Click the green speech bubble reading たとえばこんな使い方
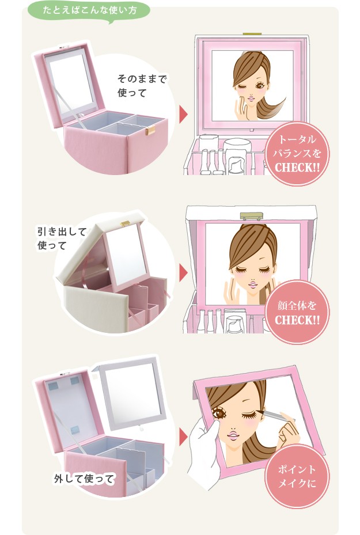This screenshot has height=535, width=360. (89, 11)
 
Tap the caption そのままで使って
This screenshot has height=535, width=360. (142, 86)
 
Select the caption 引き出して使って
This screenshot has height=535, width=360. (62, 238)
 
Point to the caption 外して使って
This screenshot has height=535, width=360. (84, 479)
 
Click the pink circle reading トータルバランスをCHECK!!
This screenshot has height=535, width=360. (297, 154)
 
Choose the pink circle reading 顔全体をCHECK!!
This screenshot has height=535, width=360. (297, 312)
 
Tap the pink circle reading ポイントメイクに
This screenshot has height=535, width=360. (297, 476)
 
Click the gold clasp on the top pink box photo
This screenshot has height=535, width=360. (150, 130)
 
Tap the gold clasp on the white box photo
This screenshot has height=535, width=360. (125, 223)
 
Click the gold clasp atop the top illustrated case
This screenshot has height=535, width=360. (252, 34)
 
